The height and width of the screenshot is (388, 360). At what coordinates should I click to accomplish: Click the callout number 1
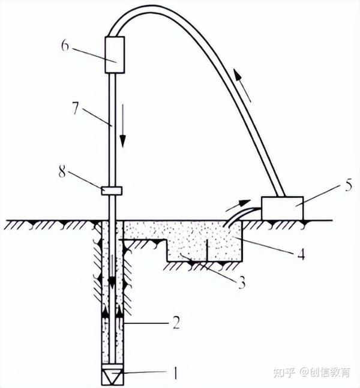coord(175,373)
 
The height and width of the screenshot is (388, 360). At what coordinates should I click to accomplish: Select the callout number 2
coord(176,324)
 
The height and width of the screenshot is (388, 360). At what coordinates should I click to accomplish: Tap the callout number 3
coord(241,282)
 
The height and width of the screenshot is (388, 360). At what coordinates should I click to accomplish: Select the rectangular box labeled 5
coord(283,207)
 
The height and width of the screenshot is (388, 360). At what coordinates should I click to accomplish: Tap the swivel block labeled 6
coord(114,55)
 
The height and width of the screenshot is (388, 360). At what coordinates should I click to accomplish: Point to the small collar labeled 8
coord(111,191)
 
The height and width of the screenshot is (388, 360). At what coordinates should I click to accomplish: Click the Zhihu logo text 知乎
coord(284,372)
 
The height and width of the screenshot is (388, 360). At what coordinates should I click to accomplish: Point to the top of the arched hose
coord(156,8)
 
